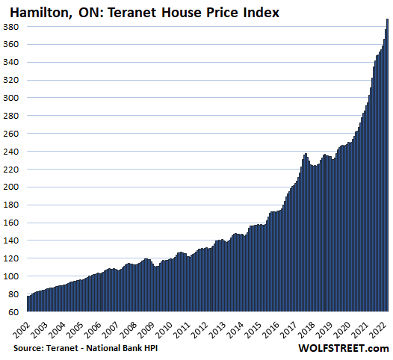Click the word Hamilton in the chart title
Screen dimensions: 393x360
pos(41,12)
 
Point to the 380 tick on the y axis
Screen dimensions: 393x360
pos(11,27)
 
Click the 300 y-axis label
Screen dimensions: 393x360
pos(11,98)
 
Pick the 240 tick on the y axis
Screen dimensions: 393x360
pos(11,152)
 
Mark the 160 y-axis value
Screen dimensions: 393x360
pos(11,223)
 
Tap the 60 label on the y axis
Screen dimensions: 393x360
pos(13,312)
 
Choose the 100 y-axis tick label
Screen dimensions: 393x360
pos(11,276)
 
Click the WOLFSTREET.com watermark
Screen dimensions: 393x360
pos(344,348)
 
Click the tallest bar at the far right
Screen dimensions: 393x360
pos(388,165)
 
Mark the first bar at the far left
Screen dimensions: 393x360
pos(28,304)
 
